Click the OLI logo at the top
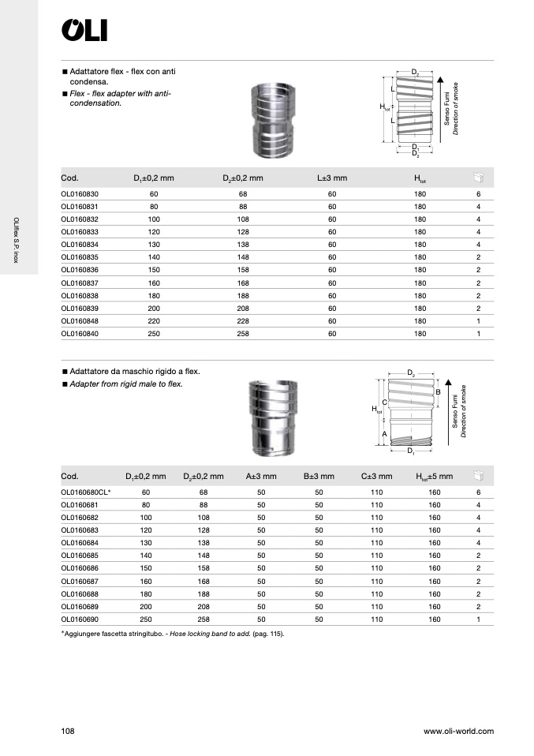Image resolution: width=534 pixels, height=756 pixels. [84, 30]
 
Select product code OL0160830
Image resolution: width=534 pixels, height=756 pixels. [80, 194]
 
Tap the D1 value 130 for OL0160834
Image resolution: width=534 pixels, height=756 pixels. [154, 245]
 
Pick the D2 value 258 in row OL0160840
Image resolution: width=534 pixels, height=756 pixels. [243, 334]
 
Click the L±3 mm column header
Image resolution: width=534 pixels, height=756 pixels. [332, 178]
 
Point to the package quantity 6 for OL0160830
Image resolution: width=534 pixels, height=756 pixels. [479, 194]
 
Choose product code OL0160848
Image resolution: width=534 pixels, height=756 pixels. [80, 321]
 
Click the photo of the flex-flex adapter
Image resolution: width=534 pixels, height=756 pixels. [273, 120]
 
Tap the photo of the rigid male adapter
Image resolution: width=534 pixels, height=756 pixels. [273, 417]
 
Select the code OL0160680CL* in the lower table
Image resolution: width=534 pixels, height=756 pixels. [86, 492]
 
